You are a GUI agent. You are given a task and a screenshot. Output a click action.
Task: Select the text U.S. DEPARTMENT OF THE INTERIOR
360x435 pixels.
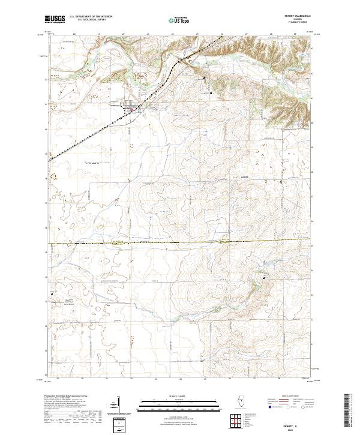click(91, 17)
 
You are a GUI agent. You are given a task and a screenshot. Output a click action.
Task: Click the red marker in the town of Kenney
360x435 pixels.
click(133, 109)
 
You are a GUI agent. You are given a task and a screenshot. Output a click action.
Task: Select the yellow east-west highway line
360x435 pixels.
click(180, 243)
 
